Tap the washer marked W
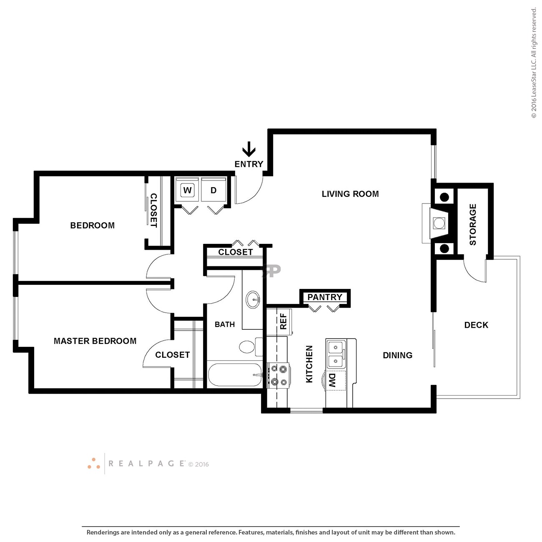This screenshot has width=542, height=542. click(187, 190)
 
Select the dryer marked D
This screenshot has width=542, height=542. click(213, 190)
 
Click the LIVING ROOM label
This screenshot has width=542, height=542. click(350, 194)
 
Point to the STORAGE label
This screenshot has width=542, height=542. click(473, 224)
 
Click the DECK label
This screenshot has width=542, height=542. click(476, 325)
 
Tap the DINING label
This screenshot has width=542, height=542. click(397, 355)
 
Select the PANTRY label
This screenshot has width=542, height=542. click(325, 297)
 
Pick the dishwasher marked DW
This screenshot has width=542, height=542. click(335, 381)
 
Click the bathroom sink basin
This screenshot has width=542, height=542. click(253, 299)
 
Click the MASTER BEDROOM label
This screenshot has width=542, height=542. click(95, 341)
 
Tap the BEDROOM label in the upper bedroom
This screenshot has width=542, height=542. click(92, 225)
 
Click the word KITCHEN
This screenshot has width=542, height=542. click(309, 364)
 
